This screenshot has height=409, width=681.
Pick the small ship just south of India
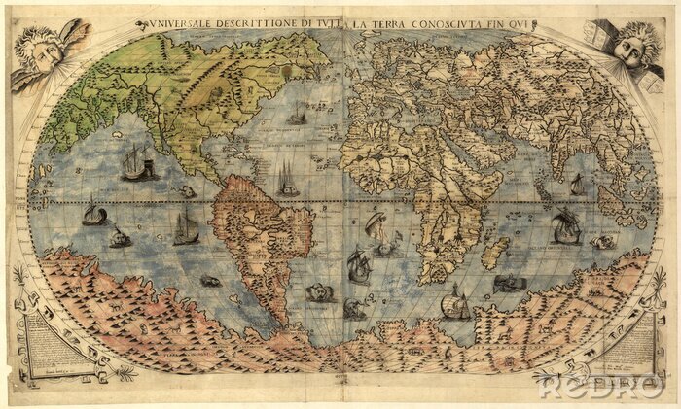[577, 185]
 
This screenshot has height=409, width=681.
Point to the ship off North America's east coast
[288, 179]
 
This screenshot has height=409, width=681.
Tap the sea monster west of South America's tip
[209, 281]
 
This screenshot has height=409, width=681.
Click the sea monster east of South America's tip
[318, 291]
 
